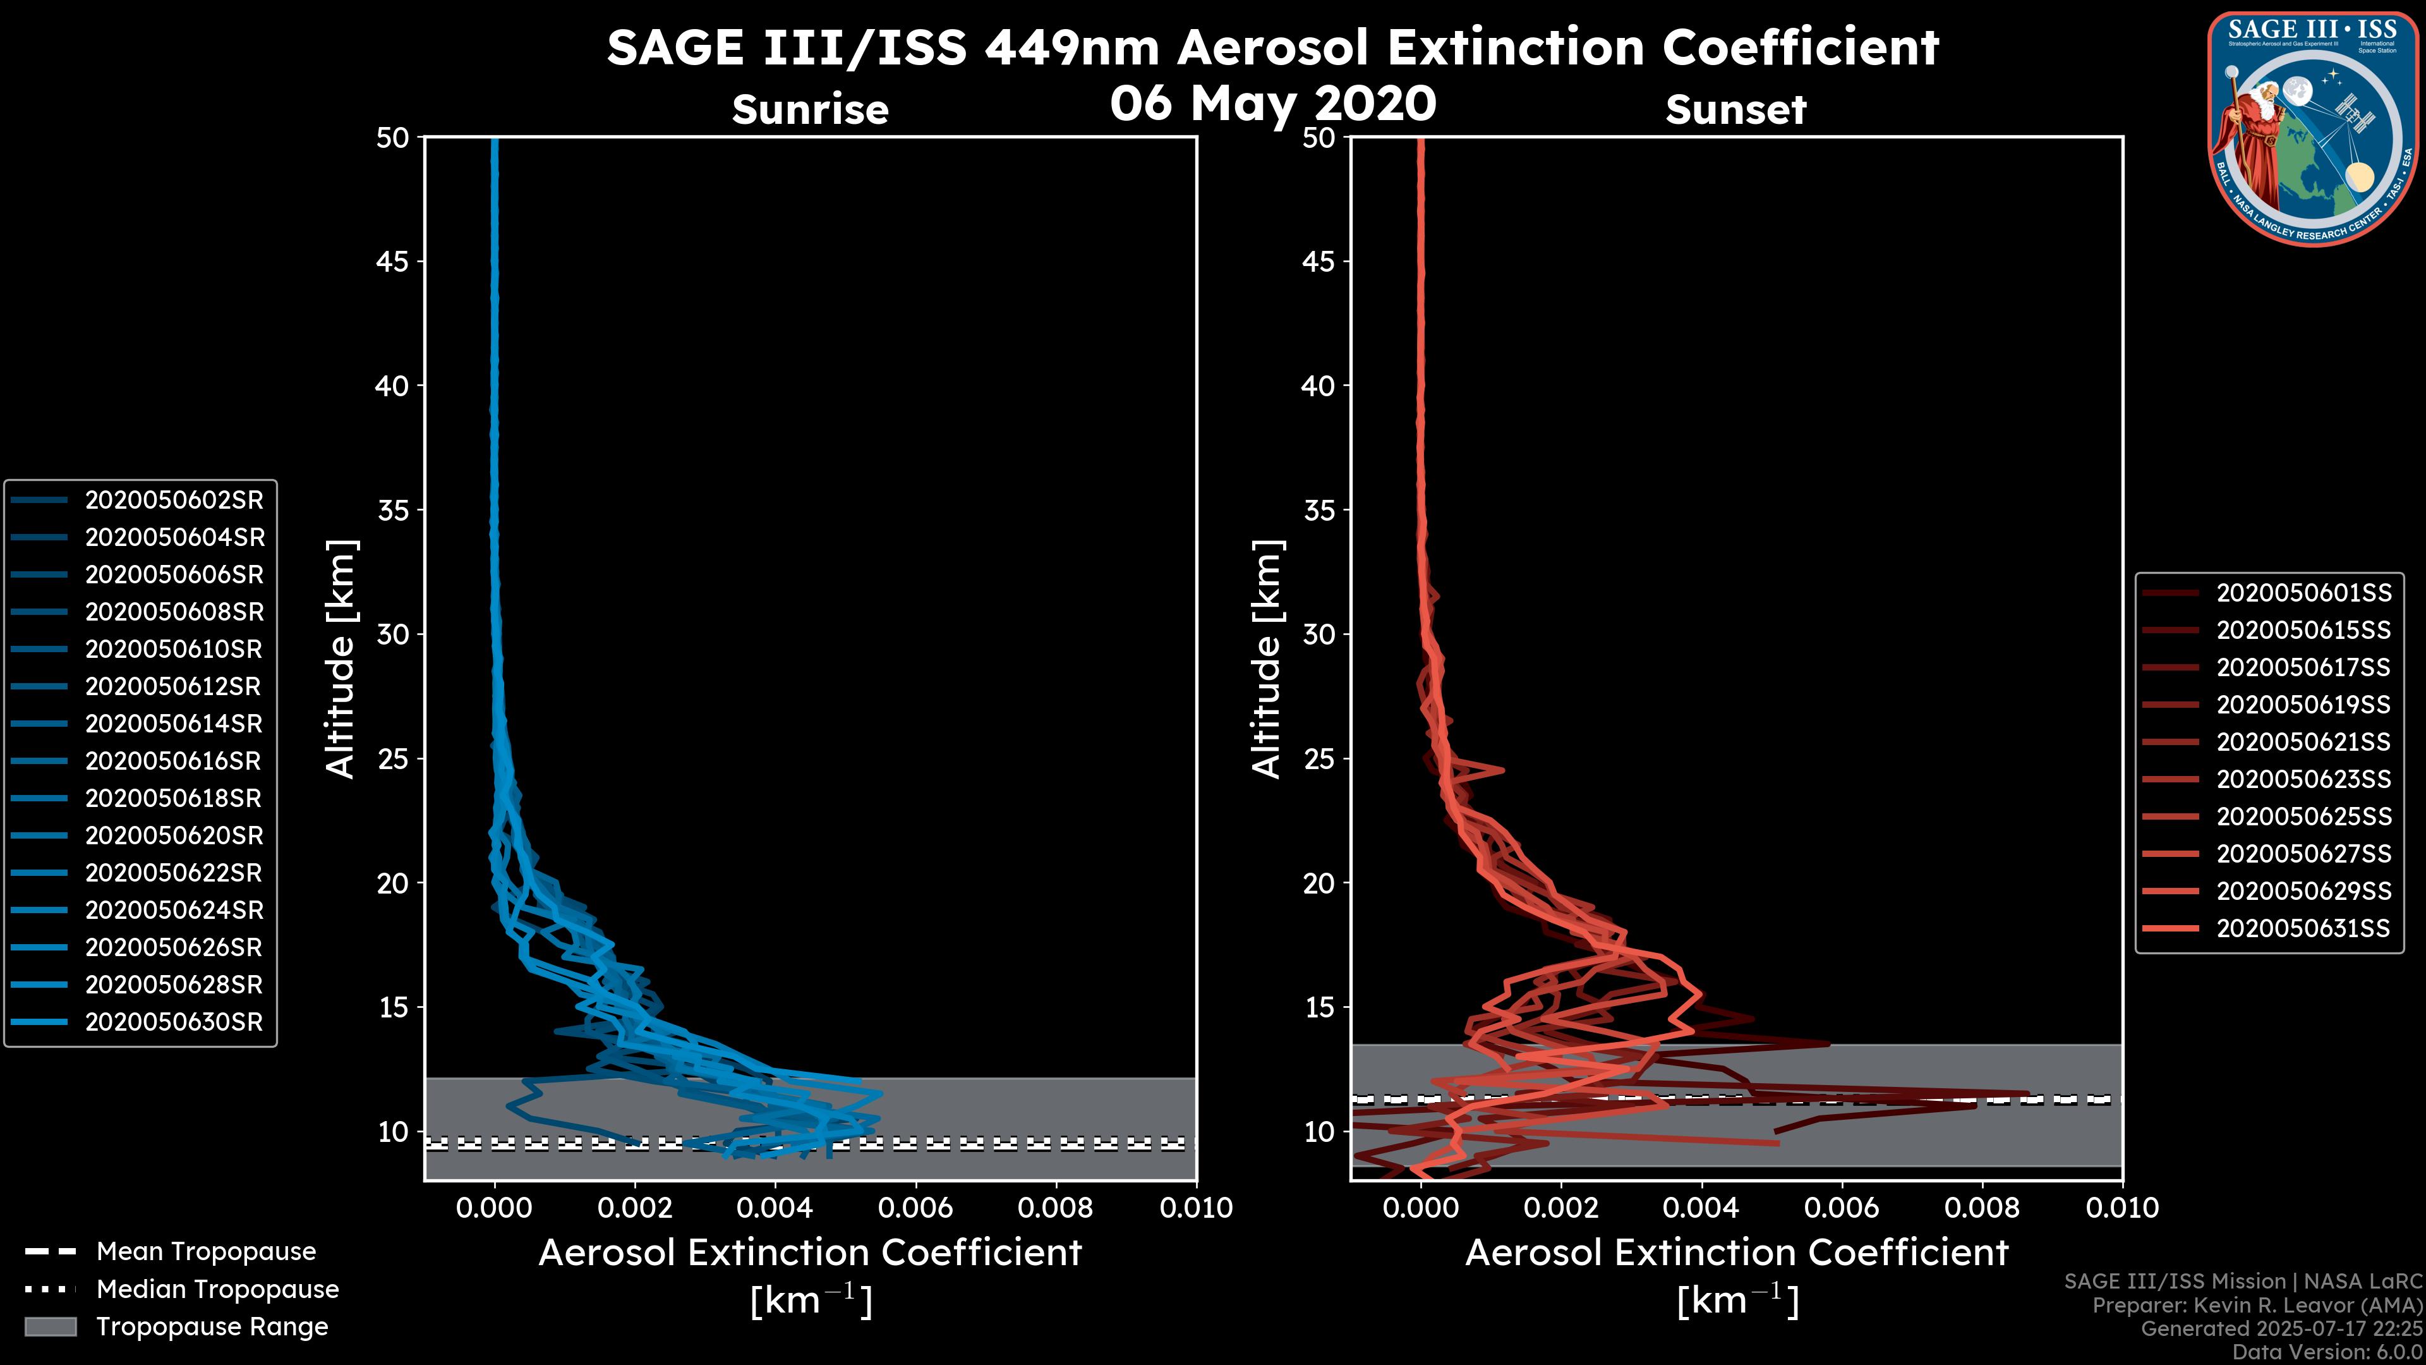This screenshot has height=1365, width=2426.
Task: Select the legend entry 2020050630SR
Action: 174,1022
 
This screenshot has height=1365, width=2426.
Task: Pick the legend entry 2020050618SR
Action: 174,799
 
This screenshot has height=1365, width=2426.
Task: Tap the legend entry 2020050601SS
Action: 2303,593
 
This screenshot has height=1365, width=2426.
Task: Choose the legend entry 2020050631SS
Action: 2303,928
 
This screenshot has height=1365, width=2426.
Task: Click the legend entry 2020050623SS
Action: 2303,779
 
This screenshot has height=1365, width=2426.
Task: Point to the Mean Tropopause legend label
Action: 206,1252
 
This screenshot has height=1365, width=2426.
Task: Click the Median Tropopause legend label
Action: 217,1289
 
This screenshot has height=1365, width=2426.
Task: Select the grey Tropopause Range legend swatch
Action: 50,1326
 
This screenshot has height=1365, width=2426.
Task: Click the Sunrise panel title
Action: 810,109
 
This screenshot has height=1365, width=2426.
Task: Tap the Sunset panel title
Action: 1735,110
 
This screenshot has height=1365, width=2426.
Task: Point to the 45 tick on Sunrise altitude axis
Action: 393,262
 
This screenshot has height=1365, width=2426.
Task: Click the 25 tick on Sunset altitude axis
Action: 1319,759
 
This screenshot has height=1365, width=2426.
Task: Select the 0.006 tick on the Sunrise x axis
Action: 914,1208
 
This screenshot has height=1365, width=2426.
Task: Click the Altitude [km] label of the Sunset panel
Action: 1267,659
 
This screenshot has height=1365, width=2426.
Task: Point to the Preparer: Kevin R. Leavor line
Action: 2257,1306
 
